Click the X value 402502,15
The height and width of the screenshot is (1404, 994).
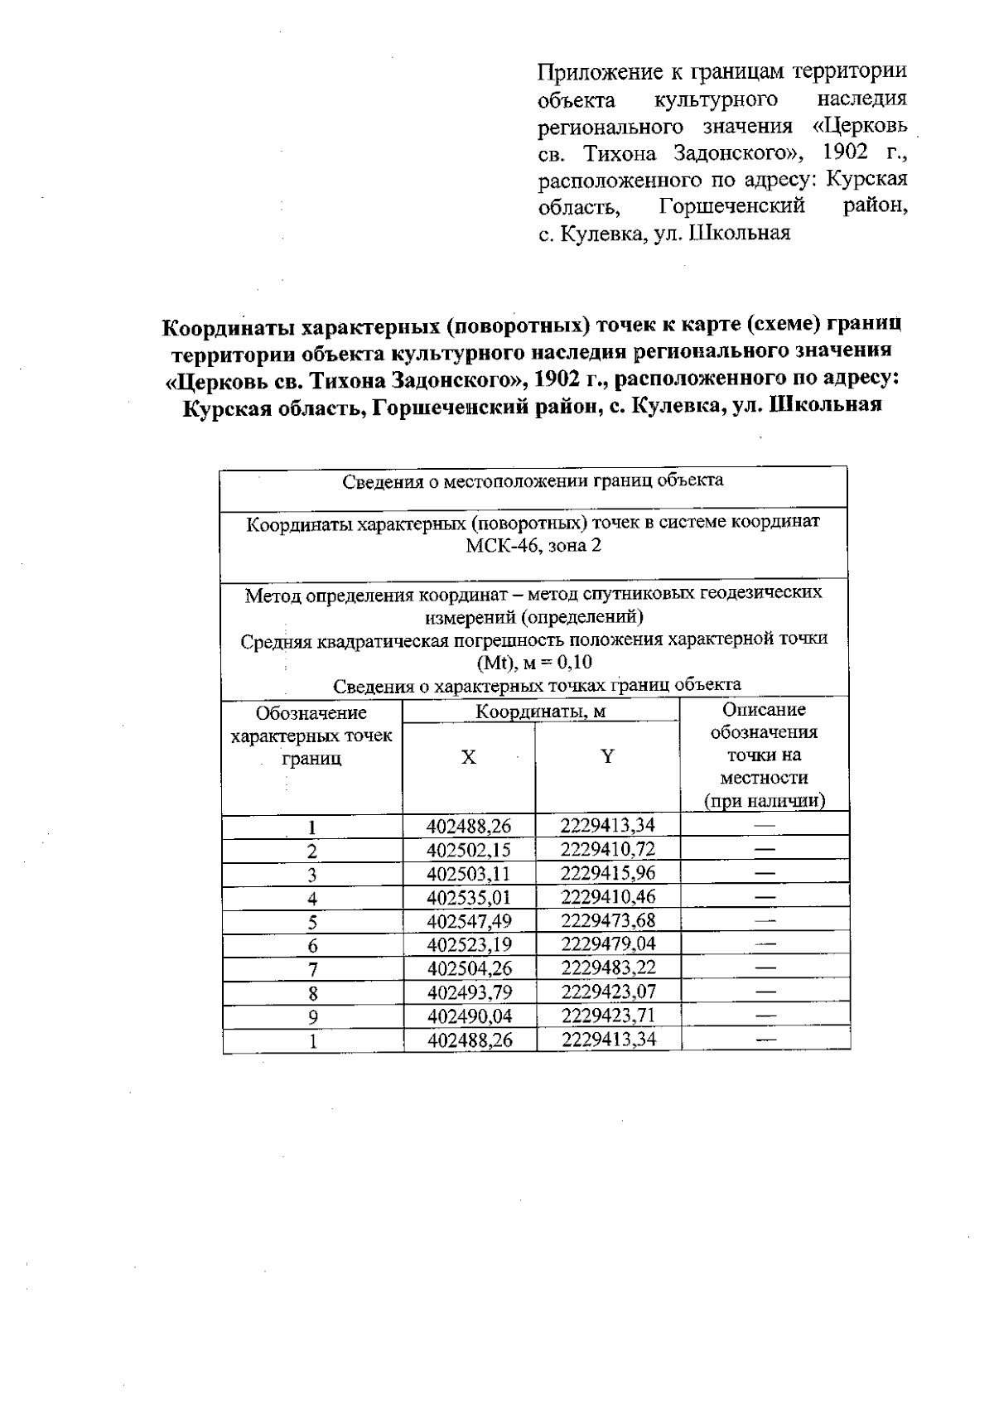tap(469, 850)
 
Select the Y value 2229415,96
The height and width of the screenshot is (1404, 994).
tap(608, 873)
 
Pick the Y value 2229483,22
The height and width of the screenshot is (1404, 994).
tap(608, 967)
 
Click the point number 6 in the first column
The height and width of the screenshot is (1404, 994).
tap(312, 946)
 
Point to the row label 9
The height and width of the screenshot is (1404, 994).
tap(312, 1017)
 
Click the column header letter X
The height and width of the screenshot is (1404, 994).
tap(469, 757)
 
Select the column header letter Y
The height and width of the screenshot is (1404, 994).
tap(608, 756)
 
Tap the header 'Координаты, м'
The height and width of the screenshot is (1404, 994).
tap(540, 712)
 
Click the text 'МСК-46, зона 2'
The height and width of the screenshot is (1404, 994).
tap(533, 546)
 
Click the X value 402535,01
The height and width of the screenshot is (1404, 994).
tap(469, 897)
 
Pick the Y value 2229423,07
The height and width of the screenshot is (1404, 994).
tap(608, 991)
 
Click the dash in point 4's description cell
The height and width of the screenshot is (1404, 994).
tap(765, 898)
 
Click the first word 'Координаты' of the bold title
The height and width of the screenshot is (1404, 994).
tap(227, 326)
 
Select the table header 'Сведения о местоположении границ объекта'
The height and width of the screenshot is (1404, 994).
tap(533, 480)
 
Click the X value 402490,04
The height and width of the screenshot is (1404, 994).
tap(469, 1016)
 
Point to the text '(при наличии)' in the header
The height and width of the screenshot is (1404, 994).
tap(765, 801)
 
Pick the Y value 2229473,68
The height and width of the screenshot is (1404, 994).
tap(608, 920)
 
